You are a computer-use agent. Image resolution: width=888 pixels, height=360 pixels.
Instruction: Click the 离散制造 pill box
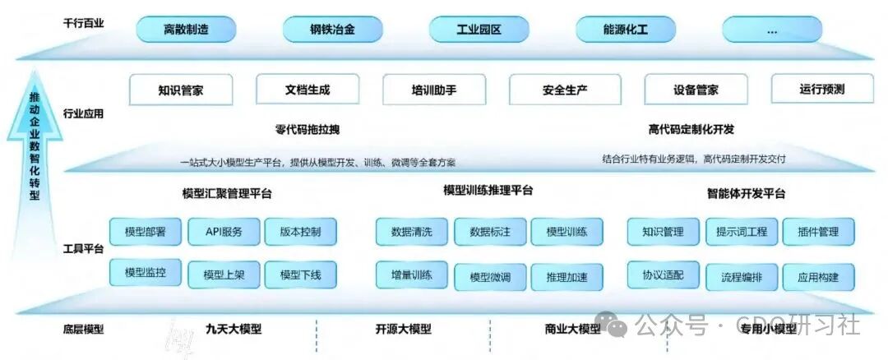click(x=186, y=30)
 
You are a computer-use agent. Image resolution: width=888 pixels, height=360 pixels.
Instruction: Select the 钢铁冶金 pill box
click(x=333, y=30)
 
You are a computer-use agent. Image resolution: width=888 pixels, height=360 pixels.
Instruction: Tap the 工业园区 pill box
click(x=479, y=30)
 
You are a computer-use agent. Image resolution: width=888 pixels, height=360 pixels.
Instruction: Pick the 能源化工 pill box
click(x=625, y=30)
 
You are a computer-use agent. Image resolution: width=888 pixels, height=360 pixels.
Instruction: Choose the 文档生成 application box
click(x=308, y=90)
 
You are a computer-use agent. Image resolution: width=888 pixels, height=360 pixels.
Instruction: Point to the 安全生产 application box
click(x=565, y=90)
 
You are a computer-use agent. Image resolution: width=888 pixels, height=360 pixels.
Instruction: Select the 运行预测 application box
click(x=822, y=89)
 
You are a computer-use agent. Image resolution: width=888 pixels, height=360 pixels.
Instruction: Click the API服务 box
click(x=224, y=232)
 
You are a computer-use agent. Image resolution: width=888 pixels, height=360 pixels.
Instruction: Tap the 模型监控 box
click(x=146, y=272)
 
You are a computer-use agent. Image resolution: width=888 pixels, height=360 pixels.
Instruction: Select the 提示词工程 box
click(x=741, y=232)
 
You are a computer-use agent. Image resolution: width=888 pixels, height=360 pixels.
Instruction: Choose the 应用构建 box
click(x=818, y=276)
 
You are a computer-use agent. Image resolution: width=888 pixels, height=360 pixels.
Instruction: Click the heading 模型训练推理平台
click(x=488, y=191)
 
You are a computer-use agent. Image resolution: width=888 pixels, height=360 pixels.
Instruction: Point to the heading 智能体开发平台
click(x=746, y=194)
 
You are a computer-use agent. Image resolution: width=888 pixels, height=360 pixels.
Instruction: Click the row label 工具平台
click(x=83, y=247)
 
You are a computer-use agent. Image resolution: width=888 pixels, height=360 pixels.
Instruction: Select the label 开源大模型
click(x=403, y=329)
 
